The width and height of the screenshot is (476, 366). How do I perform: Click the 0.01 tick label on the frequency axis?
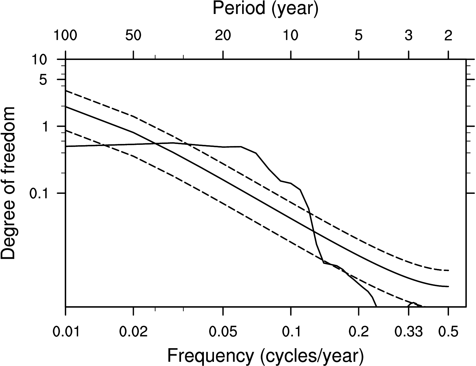(x=66, y=332)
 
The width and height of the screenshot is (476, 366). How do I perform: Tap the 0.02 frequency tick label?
(x=134, y=332)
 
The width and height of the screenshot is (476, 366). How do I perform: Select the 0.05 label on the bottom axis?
(x=223, y=332)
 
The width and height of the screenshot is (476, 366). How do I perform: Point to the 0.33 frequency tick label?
(x=409, y=332)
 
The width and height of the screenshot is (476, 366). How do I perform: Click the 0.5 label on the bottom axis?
(x=448, y=332)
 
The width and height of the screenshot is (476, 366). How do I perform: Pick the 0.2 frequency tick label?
(x=359, y=332)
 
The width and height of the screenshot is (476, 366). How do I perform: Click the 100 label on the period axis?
(x=65, y=36)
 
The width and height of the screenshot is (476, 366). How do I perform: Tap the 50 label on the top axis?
(x=133, y=36)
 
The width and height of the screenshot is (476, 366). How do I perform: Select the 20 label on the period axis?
(x=223, y=36)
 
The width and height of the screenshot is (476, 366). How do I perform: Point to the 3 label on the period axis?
(x=409, y=36)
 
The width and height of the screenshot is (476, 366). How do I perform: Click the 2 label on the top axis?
(x=448, y=36)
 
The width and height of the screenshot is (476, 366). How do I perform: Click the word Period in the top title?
(x=239, y=9)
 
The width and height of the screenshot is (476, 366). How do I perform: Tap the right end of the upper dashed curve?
(x=448, y=270)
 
